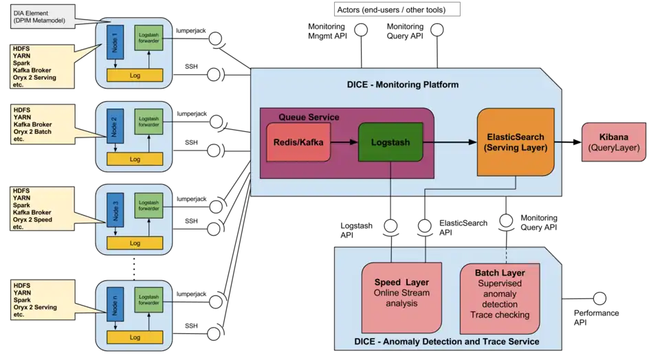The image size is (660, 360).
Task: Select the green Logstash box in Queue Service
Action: click(x=390, y=142)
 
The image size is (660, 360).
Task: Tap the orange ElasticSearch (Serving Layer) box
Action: click(x=515, y=142)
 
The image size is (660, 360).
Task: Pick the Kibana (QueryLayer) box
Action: click(x=614, y=142)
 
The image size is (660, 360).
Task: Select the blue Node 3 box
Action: click(x=114, y=210)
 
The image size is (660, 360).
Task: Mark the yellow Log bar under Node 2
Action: click(x=135, y=159)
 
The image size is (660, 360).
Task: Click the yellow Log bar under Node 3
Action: click(x=135, y=243)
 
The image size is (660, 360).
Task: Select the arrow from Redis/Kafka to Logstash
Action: click(x=344, y=142)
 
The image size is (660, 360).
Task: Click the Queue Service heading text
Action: click(x=309, y=117)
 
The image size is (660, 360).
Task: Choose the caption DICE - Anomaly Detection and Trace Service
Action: click(x=446, y=341)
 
